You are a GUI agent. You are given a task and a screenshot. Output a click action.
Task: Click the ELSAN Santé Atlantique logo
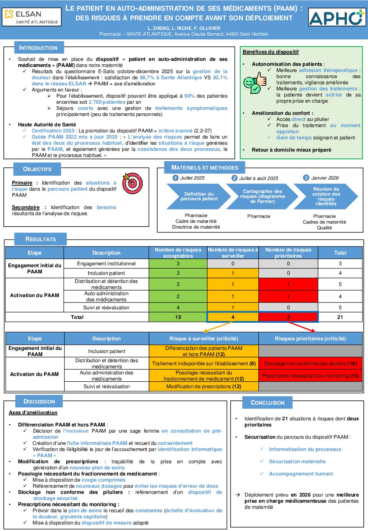point(31,17)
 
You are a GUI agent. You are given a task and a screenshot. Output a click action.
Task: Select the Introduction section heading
point(38,48)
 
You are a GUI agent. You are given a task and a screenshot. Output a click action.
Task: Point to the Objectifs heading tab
point(37,169)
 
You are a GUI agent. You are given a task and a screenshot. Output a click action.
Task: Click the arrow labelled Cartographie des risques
point(262,196)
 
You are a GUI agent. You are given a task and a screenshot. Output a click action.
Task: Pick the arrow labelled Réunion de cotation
point(326,196)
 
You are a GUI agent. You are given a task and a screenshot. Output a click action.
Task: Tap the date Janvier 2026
point(325,178)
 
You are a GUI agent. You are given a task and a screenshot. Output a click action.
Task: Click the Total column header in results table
point(340,253)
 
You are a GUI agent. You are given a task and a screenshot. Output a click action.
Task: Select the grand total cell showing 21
point(340,317)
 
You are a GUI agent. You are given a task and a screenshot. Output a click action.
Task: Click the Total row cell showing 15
point(178,317)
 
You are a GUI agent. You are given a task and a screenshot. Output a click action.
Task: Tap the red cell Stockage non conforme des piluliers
point(310,363)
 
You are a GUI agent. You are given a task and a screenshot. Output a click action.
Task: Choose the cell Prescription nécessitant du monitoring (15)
point(310,376)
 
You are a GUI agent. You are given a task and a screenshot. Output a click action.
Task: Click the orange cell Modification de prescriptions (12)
point(204,387)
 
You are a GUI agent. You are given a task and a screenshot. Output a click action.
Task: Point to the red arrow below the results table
point(302,327)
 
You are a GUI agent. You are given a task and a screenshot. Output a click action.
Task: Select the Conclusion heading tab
point(267,403)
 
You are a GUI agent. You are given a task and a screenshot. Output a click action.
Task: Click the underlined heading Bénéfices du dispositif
point(271,52)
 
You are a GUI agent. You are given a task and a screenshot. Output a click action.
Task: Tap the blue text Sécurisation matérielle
point(297,462)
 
